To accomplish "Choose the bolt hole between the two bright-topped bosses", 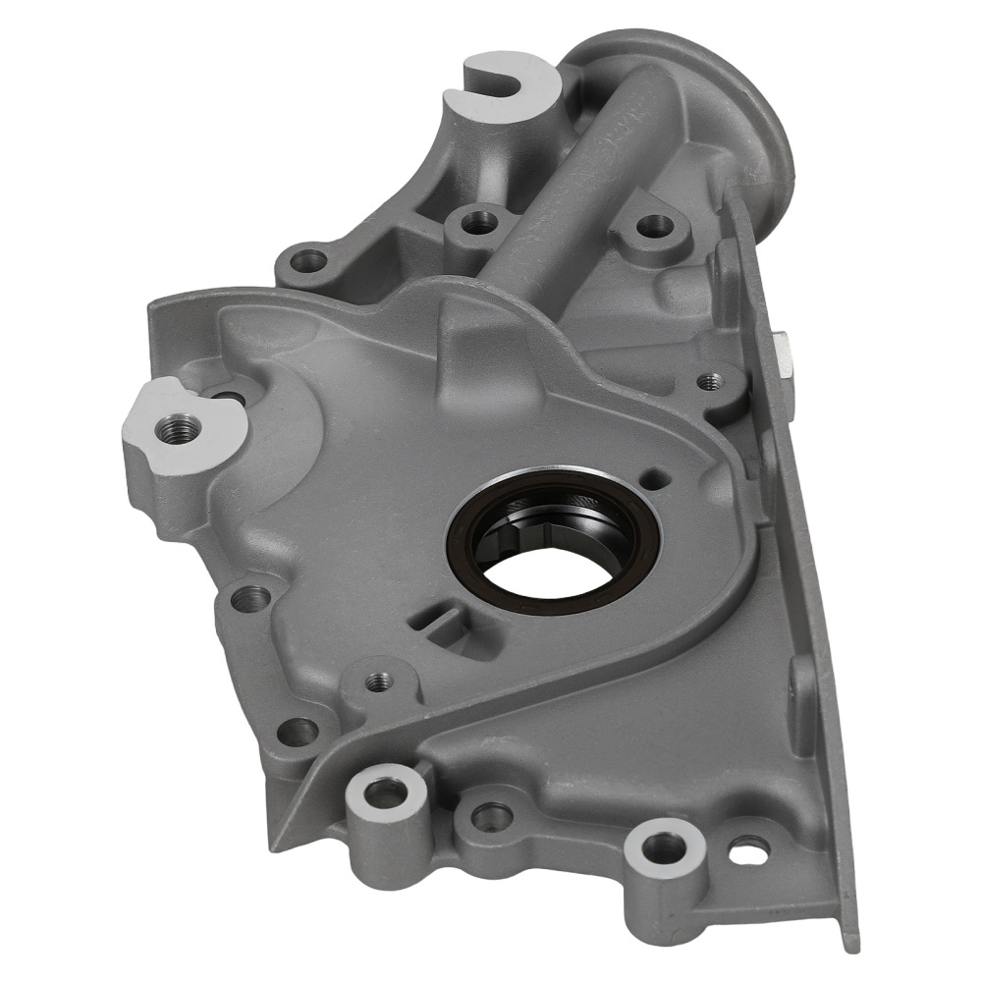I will [x=490, y=815].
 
